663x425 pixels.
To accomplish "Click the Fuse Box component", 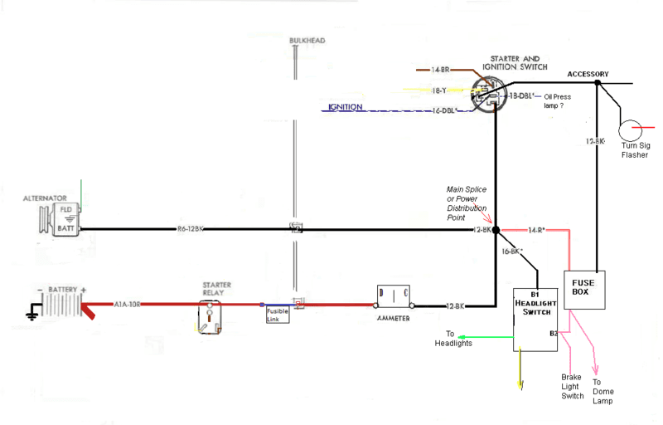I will click(x=585, y=289).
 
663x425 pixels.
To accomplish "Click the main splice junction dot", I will click(x=496, y=229).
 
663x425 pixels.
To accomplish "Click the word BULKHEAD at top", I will click(x=307, y=41).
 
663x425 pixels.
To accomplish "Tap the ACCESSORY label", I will click(x=588, y=75).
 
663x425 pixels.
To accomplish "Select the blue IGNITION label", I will click(x=346, y=107).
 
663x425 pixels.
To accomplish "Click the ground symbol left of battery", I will click(x=31, y=314).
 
